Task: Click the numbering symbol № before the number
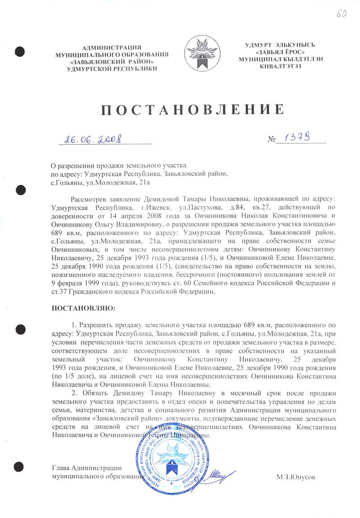[271, 141]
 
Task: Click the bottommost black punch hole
[19, 465]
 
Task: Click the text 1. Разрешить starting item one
[91, 325]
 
